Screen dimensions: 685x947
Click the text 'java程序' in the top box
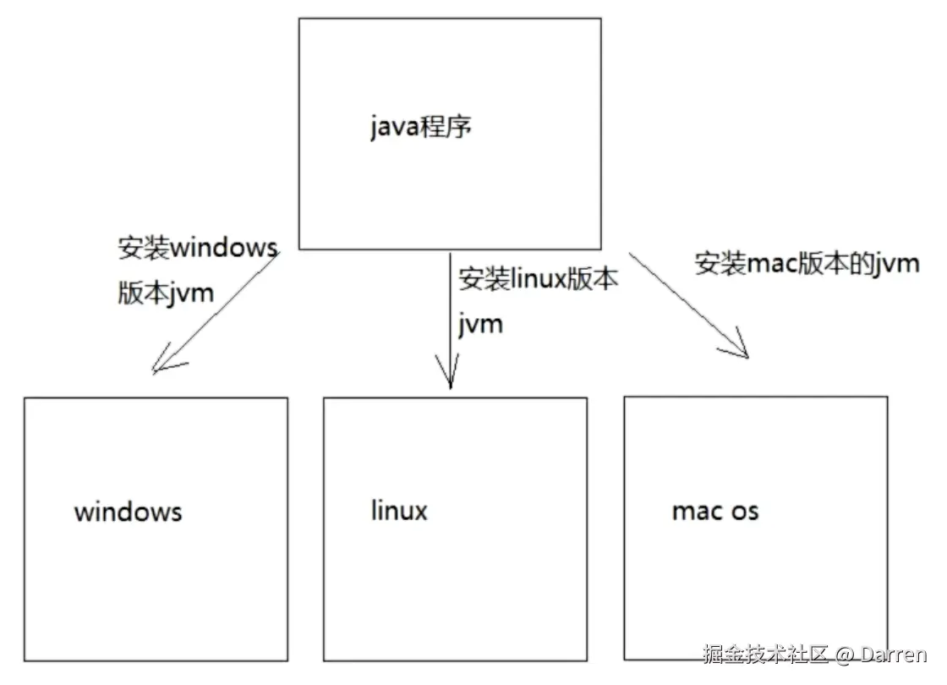coord(420,128)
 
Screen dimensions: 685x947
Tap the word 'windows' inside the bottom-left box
coord(128,512)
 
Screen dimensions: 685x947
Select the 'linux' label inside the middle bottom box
coord(399,510)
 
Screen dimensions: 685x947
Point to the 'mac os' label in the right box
coord(714,511)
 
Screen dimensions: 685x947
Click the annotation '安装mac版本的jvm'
coord(807,263)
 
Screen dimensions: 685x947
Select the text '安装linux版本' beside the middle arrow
coord(539,279)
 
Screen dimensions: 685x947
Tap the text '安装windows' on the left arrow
coord(198,248)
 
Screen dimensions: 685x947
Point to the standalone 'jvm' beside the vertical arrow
coord(480,323)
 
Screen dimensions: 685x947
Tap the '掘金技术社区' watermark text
coord(765,654)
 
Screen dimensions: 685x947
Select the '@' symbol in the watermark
coord(846,655)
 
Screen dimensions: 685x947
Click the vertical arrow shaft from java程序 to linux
coord(450,313)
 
